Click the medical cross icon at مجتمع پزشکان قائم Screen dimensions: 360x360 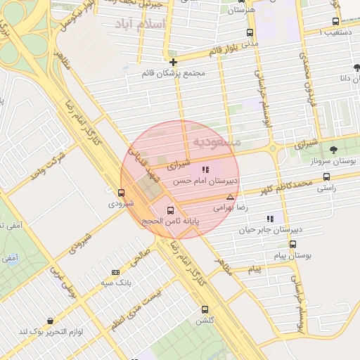tap(173, 62)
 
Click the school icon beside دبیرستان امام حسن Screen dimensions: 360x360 tap(205, 169)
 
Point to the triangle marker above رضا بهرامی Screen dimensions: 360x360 tap(230, 198)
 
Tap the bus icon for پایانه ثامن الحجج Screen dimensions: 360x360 tap(170, 210)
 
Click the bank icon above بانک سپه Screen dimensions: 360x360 tap(115, 272)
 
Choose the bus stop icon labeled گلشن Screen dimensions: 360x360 tap(205, 309)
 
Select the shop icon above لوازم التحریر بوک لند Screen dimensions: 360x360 tap(50, 321)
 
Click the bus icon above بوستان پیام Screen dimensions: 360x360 tap(292, 244)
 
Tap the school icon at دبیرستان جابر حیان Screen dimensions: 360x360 tap(269, 219)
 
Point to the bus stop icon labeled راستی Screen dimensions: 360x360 tap(326, 177)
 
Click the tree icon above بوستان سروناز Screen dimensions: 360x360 tap(333, 149)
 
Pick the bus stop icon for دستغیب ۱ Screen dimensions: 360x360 tap(335, 21)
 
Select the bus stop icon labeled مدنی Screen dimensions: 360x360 tap(250, 33)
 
